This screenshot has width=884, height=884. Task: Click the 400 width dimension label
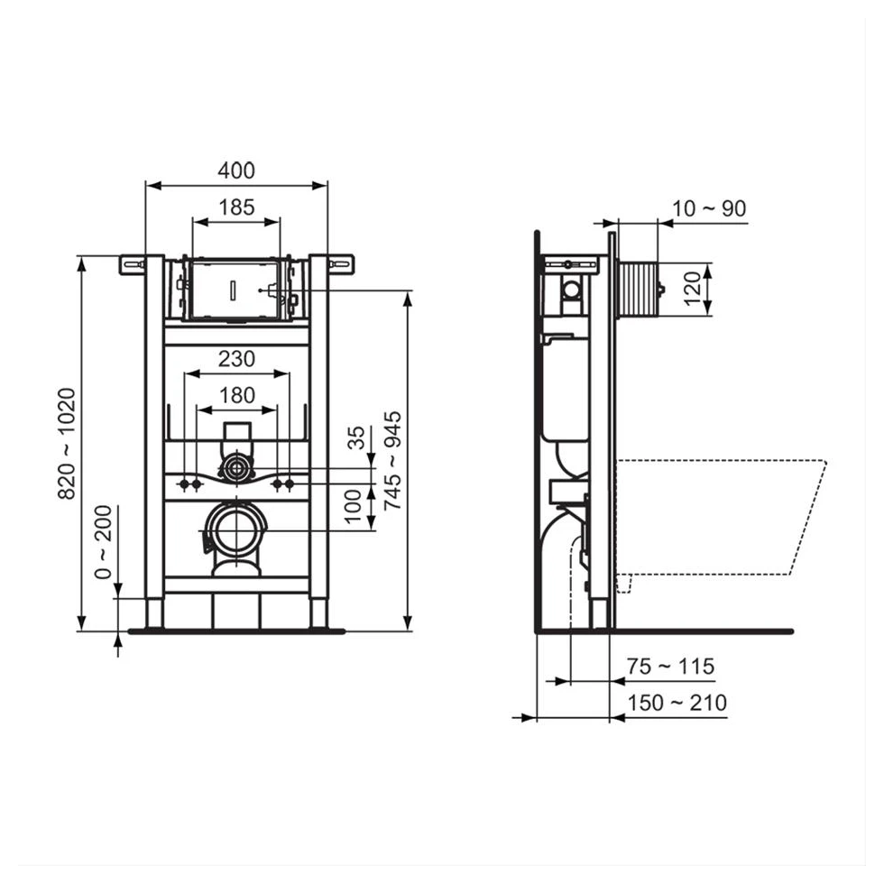click(236, 170)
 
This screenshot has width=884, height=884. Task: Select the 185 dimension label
click(236, 207)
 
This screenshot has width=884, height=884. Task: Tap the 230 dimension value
click(236, 359)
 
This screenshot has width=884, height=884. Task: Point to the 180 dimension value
click(236, 395)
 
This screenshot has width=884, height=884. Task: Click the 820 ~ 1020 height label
click(67, 444)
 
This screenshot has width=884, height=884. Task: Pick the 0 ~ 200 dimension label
click(103, 542)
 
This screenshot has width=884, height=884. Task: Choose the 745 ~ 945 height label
click(392, 461)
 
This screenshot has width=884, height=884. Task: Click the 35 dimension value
click(355, 438)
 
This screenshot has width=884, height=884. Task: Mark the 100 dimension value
click(353, 507)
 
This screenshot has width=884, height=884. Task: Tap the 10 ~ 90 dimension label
click(709, 208)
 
